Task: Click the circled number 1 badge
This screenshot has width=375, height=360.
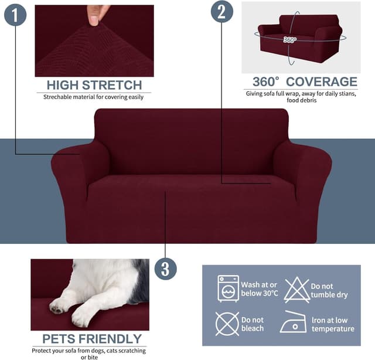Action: point(15,14)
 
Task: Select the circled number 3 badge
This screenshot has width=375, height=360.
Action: point(165,269)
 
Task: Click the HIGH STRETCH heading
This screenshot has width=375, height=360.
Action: point(94,85)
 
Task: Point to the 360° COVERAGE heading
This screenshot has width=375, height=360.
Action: point(304,81)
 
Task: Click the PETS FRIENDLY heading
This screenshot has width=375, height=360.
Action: point(92,338)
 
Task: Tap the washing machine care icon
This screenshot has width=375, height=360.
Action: point(228,288)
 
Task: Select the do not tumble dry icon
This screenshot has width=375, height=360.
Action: point(296,290)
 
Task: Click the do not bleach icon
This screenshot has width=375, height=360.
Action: point(227,324)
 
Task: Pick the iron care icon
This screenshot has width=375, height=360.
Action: point(293,323)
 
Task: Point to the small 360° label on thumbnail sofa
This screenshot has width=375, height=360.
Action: point(289,40)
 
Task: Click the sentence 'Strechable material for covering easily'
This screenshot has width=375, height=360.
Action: point(94,97)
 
